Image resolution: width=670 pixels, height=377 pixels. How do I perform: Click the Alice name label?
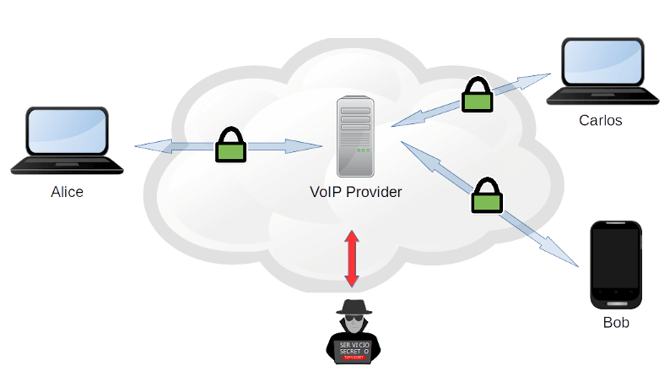(x=68, y=192)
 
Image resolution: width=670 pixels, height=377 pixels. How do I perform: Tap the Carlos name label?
(x=600, y=120)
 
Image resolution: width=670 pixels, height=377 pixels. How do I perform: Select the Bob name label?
(x=615, y=322)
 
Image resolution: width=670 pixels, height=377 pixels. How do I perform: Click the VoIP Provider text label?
(x=354, y=192)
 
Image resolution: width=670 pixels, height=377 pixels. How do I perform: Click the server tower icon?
(x=355, y=135)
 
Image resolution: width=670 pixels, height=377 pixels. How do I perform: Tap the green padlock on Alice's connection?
(x=230, y=146)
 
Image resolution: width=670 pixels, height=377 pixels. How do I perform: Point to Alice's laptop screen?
(x=68, y=133)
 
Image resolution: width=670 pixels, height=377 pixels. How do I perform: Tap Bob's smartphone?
(x=615, y=265)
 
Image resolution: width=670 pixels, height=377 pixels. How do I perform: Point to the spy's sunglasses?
(x=354, y=321)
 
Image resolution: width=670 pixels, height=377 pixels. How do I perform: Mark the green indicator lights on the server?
(x=362, y=150)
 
